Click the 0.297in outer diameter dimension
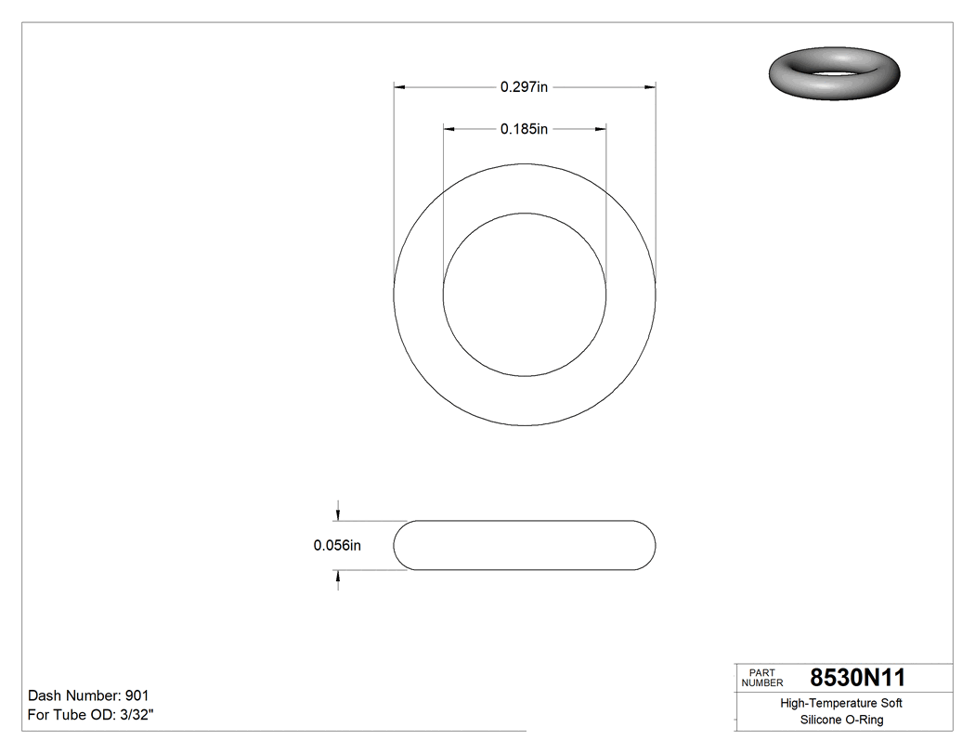tap(525, 87)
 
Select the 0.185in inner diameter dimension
tap(524, 129)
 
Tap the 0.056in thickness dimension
tap(337, 546)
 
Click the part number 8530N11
tap(857, 678)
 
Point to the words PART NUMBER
tap(761, 678)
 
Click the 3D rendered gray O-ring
tap(835, 85)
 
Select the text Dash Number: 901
tap(88, 695)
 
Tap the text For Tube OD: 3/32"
tap(91, 715)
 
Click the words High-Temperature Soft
tap(840, 703)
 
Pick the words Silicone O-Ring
tap(841, 720)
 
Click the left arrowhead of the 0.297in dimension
tap(400, 87)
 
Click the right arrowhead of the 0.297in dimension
tap(650, 87)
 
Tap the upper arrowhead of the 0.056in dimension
tap(338, 514)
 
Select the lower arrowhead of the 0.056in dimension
tap(338, 577)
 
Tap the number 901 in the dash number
tap(136, 695)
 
